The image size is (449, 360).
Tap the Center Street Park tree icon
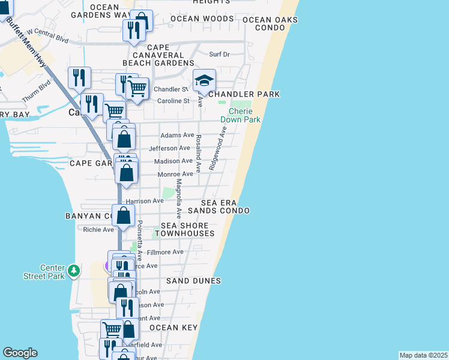[x=74, y=271]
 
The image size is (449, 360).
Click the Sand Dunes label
[x=193, y=281]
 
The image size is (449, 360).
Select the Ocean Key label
[x=173, y=328]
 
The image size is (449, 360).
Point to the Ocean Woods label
[x=201, y=19]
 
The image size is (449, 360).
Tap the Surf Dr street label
[x=219, y=55]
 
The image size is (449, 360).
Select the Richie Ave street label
[x=98, y=229]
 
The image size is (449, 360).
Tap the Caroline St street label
[x=173, y=101]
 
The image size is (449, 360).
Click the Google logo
[x=20, y=353]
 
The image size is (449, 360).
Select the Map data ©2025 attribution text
[x=423, y=355]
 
